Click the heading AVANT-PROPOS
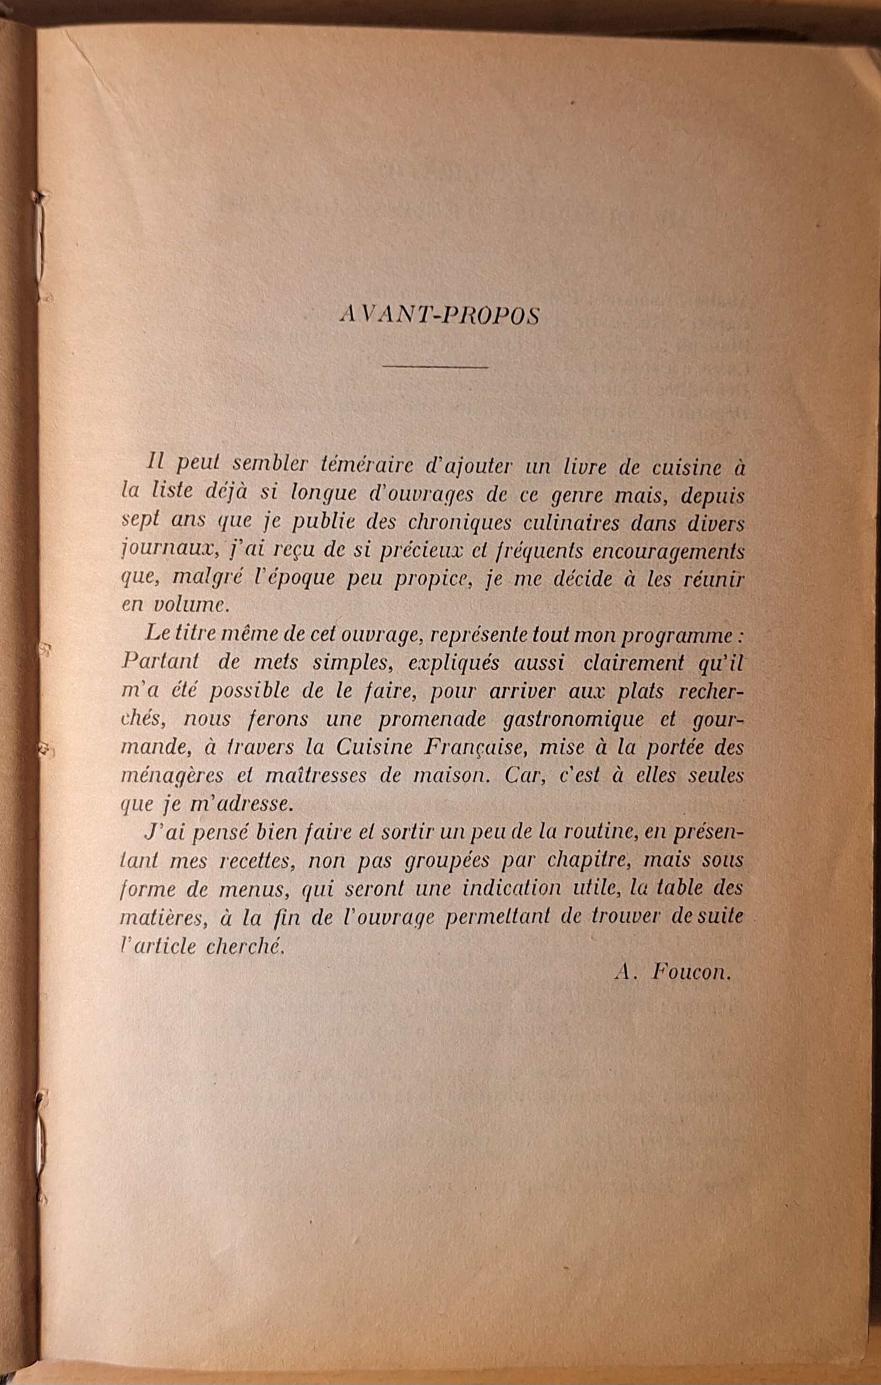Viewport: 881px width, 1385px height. point(440,315)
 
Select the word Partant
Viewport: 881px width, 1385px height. point(160,663)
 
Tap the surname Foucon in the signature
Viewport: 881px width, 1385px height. point(691,973)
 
